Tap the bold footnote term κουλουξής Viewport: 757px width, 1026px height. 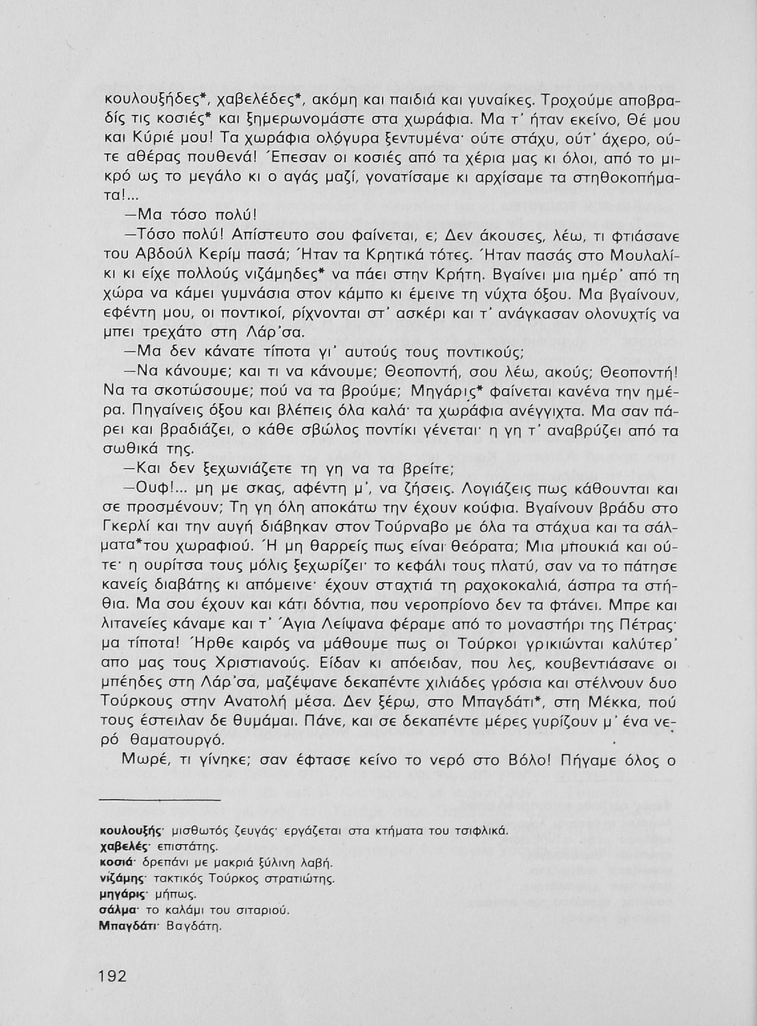[x=130, y=832]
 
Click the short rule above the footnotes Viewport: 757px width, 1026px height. [x=160, y=799]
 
